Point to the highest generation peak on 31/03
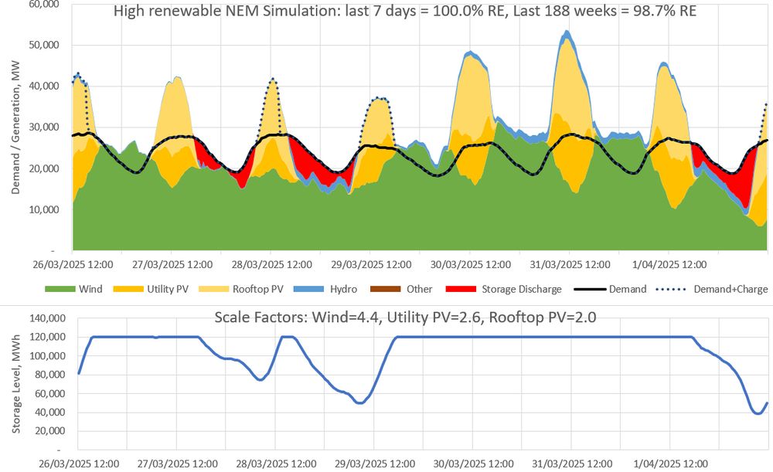[567, 32]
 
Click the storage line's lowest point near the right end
[758, 413]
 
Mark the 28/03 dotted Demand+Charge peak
[273, 79]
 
